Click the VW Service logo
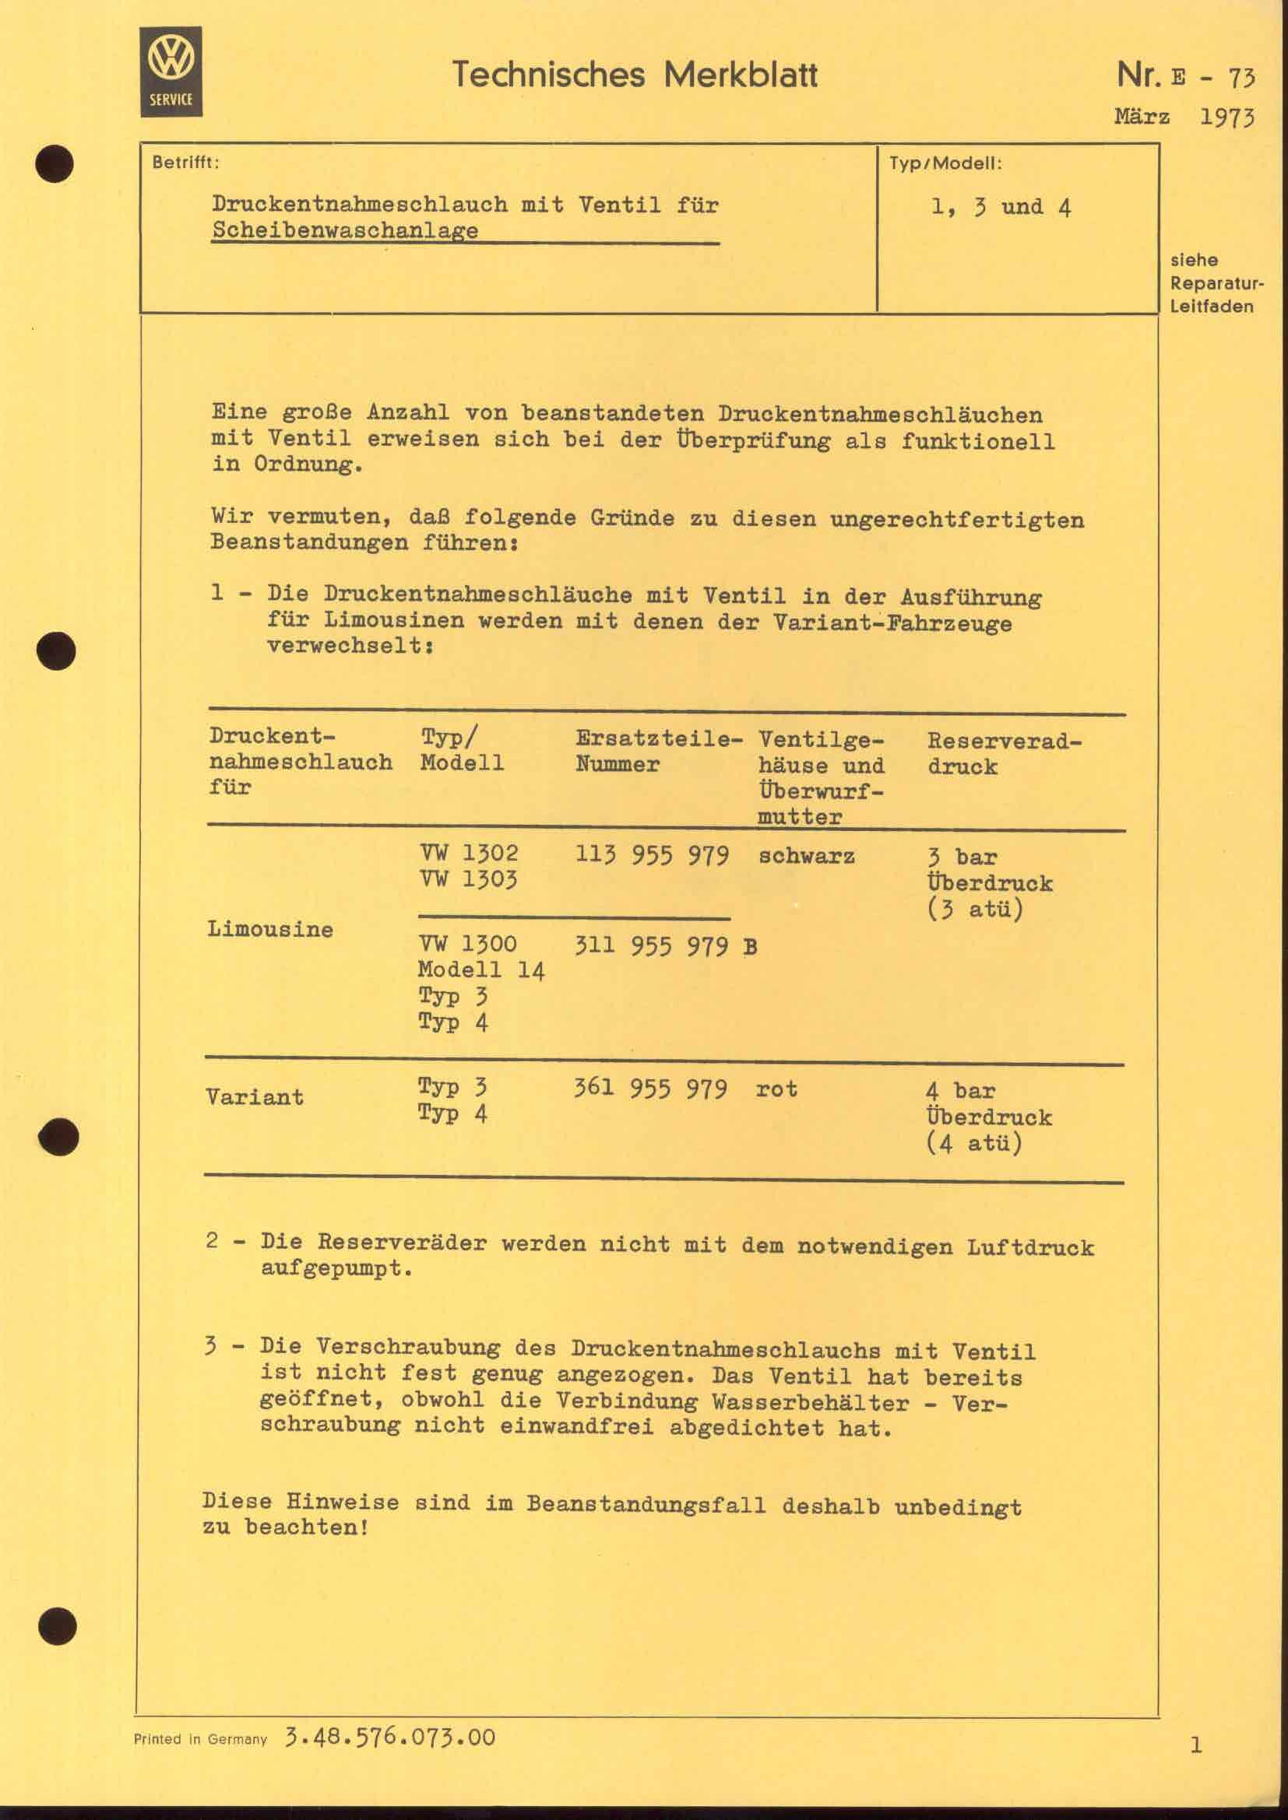click(171, 72)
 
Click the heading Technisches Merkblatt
click(635, 75)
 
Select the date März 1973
click(1184, 117)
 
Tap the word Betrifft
click(185, 163)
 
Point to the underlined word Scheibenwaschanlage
click(345, 230)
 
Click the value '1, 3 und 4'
click(1001, 208)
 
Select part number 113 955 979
click(652, 856)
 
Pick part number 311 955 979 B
click(664, 945)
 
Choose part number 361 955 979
click(650, 1089)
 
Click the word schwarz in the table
click(807, 856)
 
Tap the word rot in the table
click(776, 1089)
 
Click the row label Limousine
click(269, 929)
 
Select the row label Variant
click(255, 1097)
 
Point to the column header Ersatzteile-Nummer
click(658, 752)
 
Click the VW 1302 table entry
click(469, 854)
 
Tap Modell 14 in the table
click(481, 970)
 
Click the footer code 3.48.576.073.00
click(389, 1738)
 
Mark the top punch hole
click(55, 164)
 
